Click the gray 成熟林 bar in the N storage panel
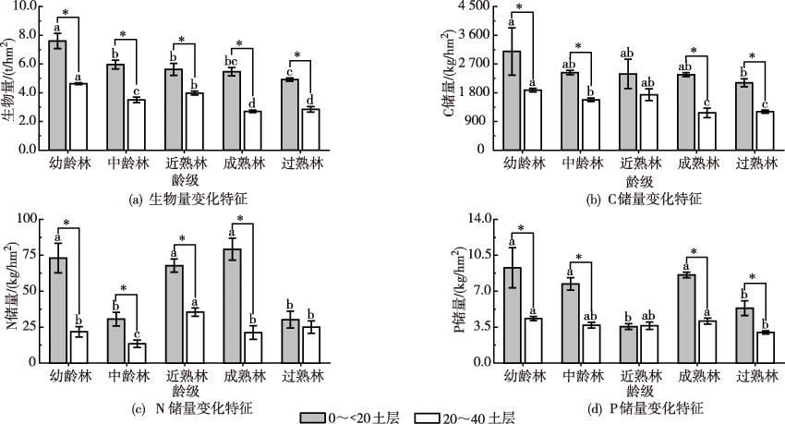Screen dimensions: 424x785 click(232, 305)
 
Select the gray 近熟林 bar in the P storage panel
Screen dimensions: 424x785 click(628, 344)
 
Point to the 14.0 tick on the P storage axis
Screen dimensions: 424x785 click(476, 219)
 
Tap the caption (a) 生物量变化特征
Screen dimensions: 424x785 click(188, 199)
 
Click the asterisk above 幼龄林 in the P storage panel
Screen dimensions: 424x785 click(521, 229)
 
